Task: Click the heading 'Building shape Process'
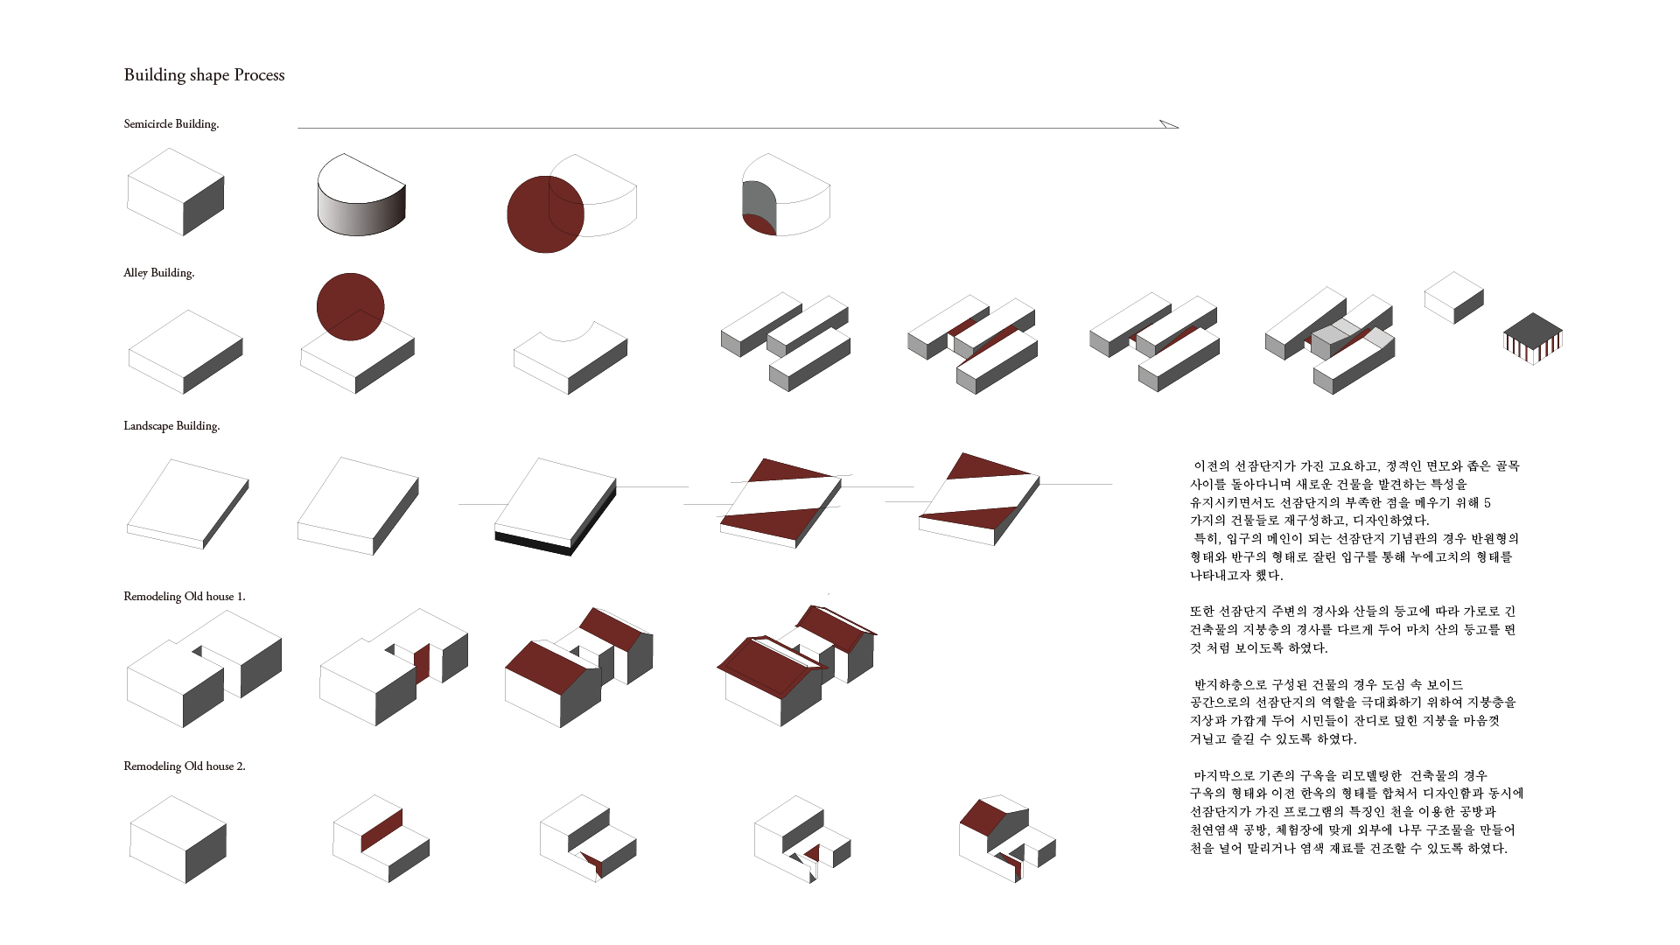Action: click(204, 75)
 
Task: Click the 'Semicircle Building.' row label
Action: click(171, 124)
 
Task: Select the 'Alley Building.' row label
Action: click(159, 273)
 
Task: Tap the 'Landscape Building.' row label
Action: click(171, 426)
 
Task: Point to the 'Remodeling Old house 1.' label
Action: click(185, 597)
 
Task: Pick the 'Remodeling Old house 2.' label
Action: click(185, 766)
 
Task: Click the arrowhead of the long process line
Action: click(1169, 124)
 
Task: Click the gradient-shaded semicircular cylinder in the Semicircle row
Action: click(361, 195)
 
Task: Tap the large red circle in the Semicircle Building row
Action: click(545, 214)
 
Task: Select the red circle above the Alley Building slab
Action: click(351, 306)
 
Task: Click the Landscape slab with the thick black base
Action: click(556, 507)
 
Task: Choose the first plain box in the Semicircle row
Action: click(176, 192)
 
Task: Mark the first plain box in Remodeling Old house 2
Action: click(178, 839)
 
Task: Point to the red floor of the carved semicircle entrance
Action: click(759, 224)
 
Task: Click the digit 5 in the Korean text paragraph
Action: click(1487, 502)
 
